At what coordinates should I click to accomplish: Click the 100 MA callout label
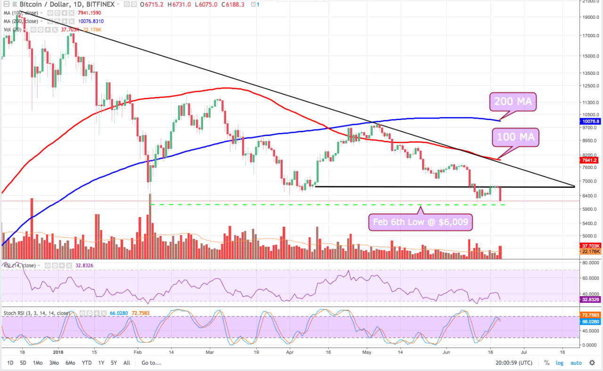point(515,137)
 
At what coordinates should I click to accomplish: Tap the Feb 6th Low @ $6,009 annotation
point(420,222)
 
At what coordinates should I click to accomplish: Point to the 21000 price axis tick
point(590,1)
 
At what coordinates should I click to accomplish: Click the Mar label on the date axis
point(210,352)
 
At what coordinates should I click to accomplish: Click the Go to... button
point(151,363)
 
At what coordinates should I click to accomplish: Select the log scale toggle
point(559,363)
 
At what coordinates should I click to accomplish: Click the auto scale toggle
point(576,363)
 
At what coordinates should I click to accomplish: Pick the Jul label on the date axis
point(523,352)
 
